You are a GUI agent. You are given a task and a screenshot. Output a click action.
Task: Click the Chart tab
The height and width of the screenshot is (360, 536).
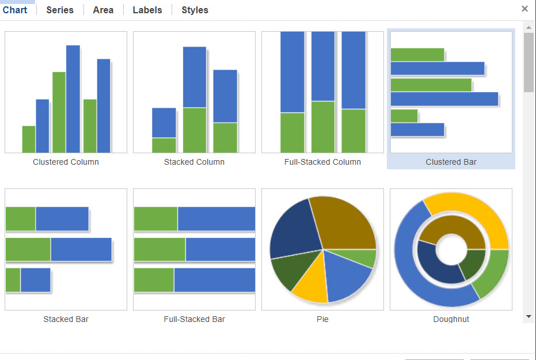coord(15,10)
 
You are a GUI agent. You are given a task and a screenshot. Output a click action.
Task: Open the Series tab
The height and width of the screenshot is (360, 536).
coord(60,10)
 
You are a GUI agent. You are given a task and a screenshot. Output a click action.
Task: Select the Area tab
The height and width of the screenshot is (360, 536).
coord(103,10)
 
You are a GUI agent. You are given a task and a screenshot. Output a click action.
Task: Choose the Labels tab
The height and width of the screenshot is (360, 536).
coord(147,10)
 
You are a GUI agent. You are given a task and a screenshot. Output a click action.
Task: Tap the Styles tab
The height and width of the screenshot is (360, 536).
coord(195,10)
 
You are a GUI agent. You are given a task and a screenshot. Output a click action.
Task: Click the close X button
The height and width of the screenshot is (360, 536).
coord(524,9)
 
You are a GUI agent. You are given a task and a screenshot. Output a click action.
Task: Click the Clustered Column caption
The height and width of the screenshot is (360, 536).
coord(66,162)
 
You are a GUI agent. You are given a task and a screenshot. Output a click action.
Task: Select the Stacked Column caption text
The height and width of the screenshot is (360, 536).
coord(194,162)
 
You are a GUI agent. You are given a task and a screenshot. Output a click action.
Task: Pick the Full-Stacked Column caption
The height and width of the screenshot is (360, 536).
coord(322,162)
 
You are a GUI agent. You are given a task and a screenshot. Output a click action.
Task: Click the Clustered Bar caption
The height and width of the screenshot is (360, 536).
coord(451,162)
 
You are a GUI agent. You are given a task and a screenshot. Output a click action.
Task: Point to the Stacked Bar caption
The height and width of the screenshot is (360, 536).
coord(66,319)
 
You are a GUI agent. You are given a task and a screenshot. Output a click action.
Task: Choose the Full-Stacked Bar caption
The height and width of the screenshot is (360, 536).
coord(194,319)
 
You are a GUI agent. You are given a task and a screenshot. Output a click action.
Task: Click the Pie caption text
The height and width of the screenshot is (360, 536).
coord(322,319)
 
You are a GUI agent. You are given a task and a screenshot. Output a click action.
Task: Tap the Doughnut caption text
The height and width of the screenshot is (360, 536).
coord(451,319)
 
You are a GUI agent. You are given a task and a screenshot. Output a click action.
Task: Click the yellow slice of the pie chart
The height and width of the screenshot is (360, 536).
coord(311,282)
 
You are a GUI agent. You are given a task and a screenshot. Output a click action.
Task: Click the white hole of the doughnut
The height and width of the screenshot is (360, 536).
coord(451,249)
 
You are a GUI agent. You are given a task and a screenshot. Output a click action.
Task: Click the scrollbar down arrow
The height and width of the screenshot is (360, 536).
coord(529,317)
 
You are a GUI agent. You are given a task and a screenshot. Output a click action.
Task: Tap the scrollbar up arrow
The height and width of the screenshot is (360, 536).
coord(529,27)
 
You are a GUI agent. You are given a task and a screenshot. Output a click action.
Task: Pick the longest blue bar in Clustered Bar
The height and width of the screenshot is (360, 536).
coord(444,99)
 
